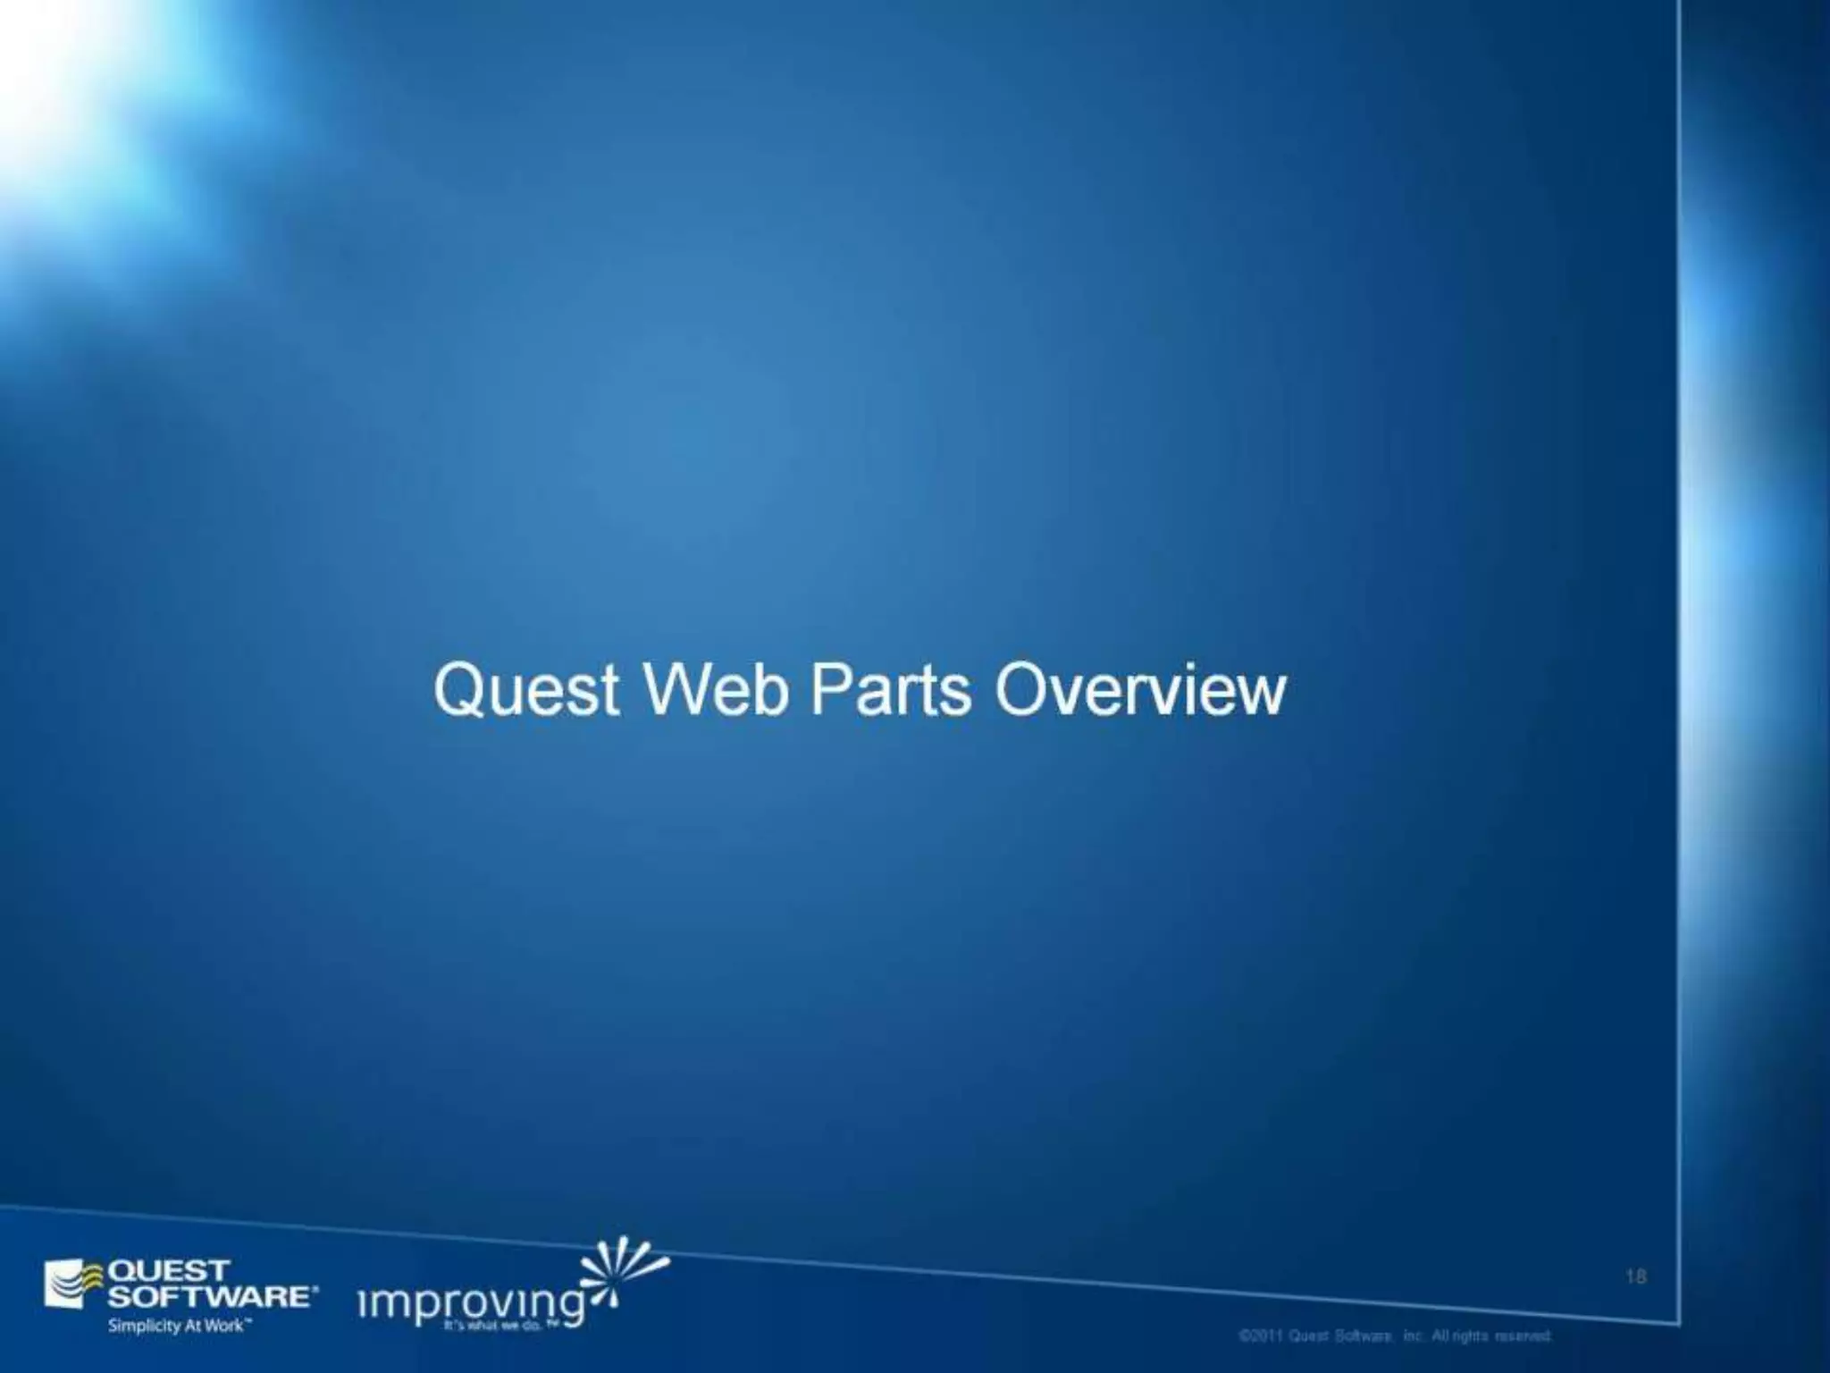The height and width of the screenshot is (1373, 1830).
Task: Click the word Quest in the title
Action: click(526, 691)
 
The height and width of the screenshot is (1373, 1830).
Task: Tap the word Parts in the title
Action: click(890, 691)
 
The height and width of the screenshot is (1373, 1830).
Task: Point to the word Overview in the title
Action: click(1141, 691)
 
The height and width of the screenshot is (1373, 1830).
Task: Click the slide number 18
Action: click(1635, 1276)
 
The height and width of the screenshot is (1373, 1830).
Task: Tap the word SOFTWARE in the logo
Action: click(210, 1296)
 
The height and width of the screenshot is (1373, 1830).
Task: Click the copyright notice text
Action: click(1395, 1336)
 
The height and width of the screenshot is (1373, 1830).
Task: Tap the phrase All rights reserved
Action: click(1491, 1336)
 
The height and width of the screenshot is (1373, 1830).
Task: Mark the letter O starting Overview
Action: click(1021, 691)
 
